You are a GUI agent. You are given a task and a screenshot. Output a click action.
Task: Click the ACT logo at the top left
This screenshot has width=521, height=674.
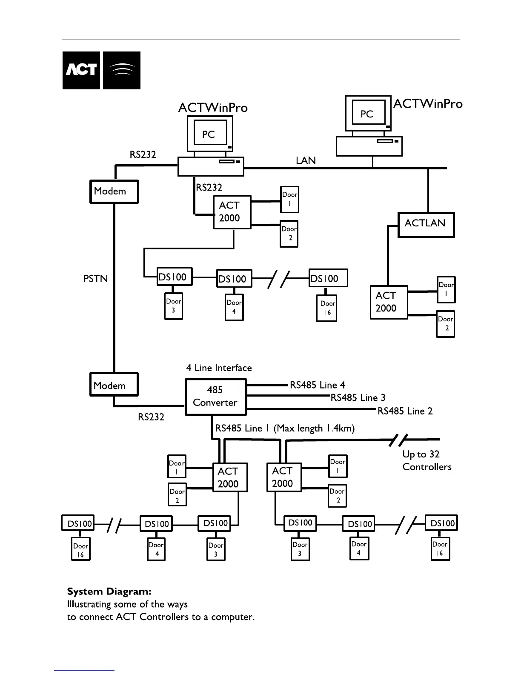[x=81, y=70]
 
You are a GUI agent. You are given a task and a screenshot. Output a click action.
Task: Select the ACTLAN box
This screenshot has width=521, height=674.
[x=426, y=224]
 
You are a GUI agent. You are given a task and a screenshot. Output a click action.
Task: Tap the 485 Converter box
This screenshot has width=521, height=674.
[x=215, y=397]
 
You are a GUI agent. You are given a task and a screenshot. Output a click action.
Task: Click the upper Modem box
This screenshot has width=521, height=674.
[x=114, y=191]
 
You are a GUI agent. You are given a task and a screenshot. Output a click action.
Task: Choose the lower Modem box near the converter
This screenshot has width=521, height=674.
[x=114, y=385]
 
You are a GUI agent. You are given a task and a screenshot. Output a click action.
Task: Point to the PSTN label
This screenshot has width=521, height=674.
[x=96, y=279]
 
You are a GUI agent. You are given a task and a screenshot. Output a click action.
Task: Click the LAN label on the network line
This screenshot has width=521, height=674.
[x=306, y=160]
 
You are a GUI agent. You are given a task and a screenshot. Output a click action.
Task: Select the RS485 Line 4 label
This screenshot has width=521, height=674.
[x=317, y=385]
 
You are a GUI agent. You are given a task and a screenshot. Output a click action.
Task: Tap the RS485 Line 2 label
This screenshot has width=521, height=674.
[x=405, y=411]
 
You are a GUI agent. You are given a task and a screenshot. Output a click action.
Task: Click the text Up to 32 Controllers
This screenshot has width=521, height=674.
[x=427, y=460]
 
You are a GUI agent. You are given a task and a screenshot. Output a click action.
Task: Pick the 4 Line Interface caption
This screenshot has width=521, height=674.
[x=219, y=368]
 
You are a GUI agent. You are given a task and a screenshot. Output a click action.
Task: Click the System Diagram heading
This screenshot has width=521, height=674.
[x=109, y=591]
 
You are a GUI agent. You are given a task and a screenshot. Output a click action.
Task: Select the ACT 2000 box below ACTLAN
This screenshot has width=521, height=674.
[x=389, y=302]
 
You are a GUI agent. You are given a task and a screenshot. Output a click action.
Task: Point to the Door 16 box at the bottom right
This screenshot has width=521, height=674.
[x=440, y=549]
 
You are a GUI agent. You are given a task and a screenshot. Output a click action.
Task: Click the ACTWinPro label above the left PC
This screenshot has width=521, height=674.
[x=213, y=108]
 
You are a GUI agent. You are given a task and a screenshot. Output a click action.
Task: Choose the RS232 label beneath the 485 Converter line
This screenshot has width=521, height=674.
[x=151, y=417]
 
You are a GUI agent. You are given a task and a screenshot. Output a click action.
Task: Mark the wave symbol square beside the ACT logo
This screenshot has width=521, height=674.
[x=122, y=70]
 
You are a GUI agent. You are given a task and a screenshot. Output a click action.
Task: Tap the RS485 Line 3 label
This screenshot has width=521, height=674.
[x=358, y=398]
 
